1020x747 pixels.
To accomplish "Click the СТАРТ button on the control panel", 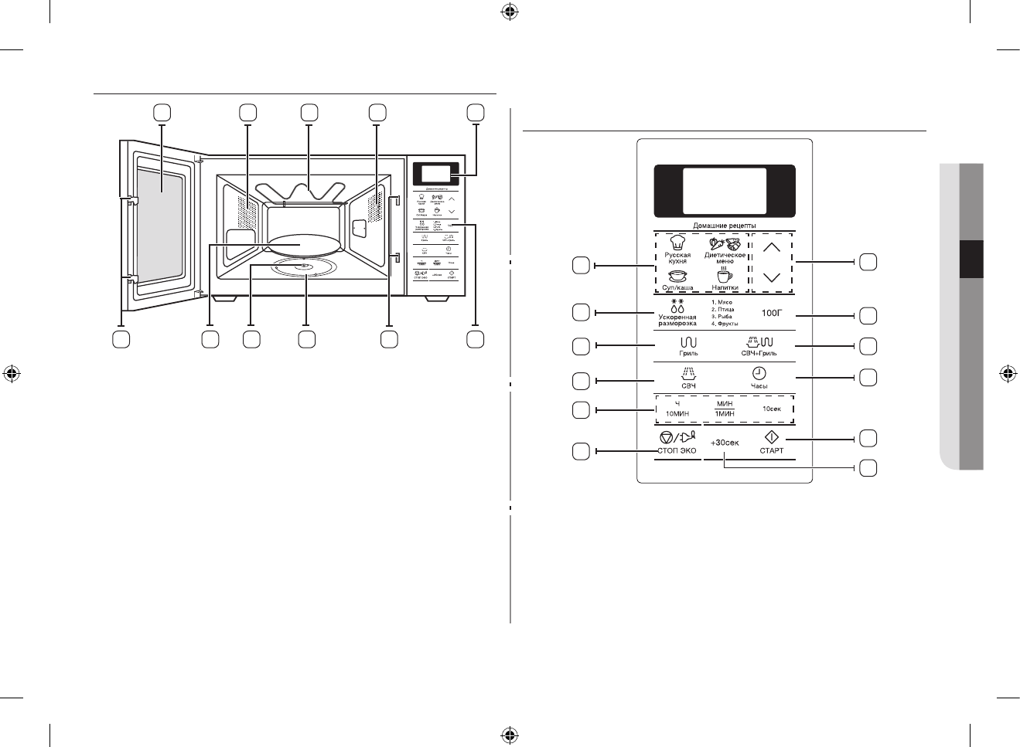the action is [x=771, y=442].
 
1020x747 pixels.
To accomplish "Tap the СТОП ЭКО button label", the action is [x=677, y=450].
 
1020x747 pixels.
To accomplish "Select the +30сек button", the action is [x=725, y=443].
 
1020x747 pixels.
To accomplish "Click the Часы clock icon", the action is [x=759, y=372].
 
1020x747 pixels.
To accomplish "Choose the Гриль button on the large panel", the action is [x=688, y=345].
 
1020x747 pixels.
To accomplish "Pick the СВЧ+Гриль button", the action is [x=758, y=345].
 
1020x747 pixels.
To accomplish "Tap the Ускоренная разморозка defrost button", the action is [x=677, y=314].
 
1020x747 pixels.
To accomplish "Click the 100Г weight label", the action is [x=772, y=314].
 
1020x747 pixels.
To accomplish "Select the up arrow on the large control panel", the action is [x=771, y=248].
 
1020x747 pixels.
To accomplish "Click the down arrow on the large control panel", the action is [x=771, y=277].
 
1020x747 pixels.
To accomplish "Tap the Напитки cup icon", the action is [x=724, y=276].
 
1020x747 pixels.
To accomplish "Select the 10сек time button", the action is [x=772, y=409].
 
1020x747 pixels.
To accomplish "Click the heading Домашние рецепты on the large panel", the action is [x=724, y=226].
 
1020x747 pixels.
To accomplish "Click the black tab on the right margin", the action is [x=971, y=258].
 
